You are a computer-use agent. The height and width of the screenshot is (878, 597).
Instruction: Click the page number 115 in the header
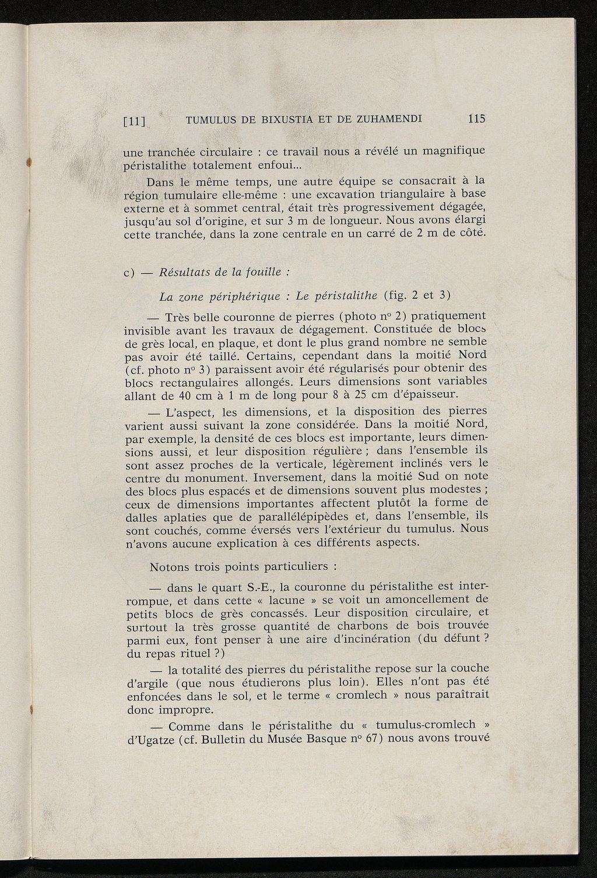coord(476,119)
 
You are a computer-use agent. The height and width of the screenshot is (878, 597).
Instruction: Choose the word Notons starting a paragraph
coord(168,566)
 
